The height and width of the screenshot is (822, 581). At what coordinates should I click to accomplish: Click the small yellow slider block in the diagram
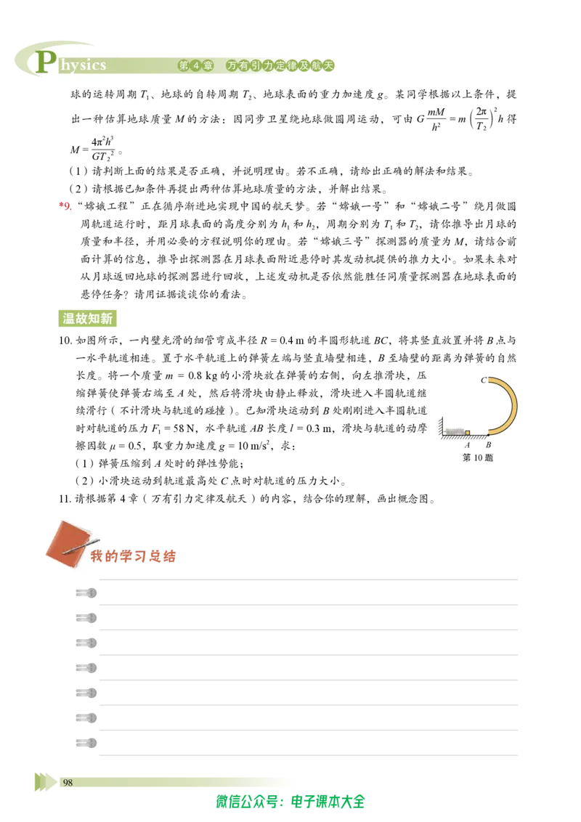[x=468, y=433]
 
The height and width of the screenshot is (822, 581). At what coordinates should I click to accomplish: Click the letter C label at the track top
[x=484, y=380]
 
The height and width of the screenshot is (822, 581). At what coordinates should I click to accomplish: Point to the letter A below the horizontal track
[x=467, y=445]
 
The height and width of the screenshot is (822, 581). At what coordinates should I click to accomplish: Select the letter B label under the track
[x=488, y=445]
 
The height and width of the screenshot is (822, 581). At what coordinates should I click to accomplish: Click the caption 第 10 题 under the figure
[x=477, y=457]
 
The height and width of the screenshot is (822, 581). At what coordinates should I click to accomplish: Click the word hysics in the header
[x=83, y=65]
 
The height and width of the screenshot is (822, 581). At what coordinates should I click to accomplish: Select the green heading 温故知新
[x=87, y=318]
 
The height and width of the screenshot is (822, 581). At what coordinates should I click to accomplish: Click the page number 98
[x=68, y=782]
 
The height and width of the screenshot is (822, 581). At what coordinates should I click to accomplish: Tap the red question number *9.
[x=65, y=206]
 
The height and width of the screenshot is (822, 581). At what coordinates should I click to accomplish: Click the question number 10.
[x=65, y=341]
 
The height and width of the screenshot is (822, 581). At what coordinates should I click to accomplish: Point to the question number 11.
[x=65, y=499]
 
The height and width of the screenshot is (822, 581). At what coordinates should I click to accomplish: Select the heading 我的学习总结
[x=133, y=556]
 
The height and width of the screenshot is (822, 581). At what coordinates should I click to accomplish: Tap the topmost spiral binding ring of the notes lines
[x=86, y=593]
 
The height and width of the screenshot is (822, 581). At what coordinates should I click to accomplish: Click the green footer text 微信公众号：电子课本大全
[x=290, y=802]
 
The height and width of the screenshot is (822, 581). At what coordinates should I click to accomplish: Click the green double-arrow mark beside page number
[x=46, y=781]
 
